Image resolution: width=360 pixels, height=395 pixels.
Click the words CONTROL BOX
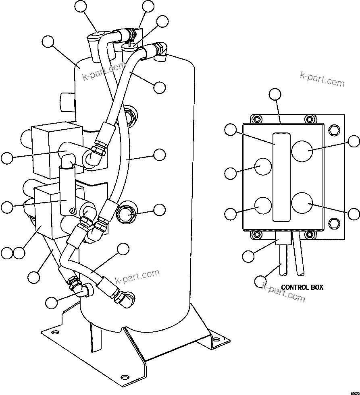[302, 287]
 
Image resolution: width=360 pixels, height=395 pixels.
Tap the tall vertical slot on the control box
[281, 177]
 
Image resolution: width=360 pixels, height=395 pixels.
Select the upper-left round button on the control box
[263, 166]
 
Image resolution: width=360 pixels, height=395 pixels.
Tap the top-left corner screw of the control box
[255, 119]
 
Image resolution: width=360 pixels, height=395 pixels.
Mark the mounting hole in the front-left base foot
[125, 377]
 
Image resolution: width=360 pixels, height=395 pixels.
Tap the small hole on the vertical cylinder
[73, 209]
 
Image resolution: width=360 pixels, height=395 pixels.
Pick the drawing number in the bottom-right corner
[355, 392]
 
